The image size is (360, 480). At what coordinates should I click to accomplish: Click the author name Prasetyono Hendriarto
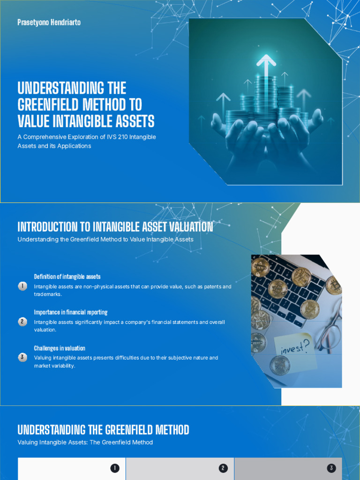49,22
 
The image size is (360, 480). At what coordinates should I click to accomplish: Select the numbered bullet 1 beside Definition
22,286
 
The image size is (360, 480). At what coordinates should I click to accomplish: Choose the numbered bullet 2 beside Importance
22,322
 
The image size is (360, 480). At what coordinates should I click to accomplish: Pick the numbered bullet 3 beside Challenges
22,357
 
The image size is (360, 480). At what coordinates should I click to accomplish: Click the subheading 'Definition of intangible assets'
67,277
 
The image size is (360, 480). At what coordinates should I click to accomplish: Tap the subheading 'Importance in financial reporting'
71,312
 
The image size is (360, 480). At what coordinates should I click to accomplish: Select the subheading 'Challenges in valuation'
60,348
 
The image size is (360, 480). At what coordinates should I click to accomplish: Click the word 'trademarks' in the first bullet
47,294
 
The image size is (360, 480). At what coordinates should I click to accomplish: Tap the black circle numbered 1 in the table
114,468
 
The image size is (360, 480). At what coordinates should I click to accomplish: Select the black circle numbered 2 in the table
223,468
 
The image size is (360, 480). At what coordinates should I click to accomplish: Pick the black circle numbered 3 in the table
331,468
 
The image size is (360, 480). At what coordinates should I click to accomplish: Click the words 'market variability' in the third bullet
54,366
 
